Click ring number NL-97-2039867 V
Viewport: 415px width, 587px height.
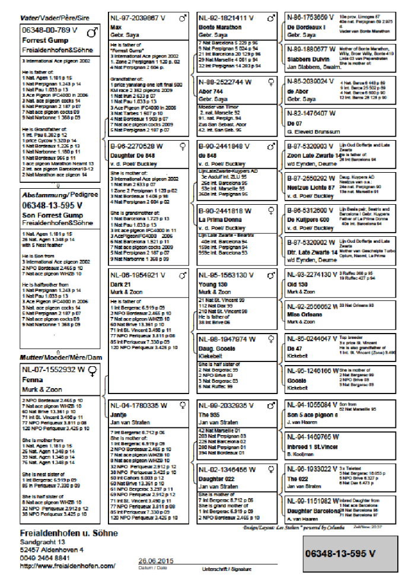pyautogui.click(x=138, y=18)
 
